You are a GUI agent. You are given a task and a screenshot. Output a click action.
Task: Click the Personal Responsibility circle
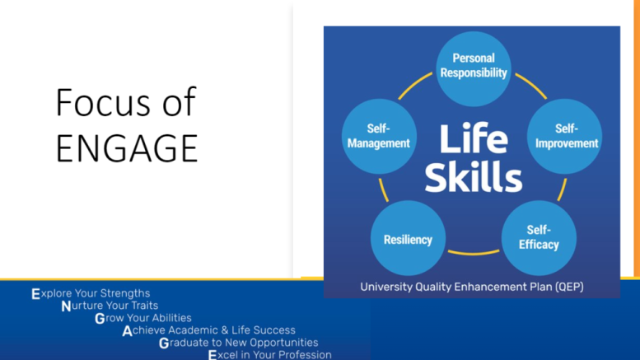pos(474,69)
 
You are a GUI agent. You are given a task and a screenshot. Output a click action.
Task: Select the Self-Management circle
pos(379,137)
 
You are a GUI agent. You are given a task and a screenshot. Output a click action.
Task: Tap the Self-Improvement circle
pos(565,137)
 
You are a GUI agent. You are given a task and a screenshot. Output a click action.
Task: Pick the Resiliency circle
pos(409,238)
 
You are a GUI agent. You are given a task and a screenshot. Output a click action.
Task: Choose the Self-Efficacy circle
pos(539,238)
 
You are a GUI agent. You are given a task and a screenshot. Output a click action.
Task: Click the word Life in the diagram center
pos(474,138)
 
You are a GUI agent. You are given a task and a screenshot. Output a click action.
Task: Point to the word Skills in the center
pos(474,176)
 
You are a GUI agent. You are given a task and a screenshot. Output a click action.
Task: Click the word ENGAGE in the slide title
pos(127,148)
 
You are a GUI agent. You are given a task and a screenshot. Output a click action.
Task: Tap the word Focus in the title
pos(104,102)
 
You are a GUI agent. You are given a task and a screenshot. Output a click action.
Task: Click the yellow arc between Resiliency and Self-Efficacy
pos(474,254)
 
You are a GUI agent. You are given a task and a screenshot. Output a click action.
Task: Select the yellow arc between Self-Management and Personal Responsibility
pos(413,85)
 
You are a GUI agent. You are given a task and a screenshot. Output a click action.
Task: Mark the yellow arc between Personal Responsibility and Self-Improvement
pos(532,85)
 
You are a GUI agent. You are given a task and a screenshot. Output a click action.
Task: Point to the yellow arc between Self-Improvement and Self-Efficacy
pos(563,189)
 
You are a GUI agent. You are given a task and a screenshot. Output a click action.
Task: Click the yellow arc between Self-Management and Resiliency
pos(383,189)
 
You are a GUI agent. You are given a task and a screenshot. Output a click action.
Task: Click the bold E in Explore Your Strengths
pos(36,294)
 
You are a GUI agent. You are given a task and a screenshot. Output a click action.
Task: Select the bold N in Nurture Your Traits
pos(66,306)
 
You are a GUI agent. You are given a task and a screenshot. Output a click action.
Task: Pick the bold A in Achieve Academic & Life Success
pos(128,331)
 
